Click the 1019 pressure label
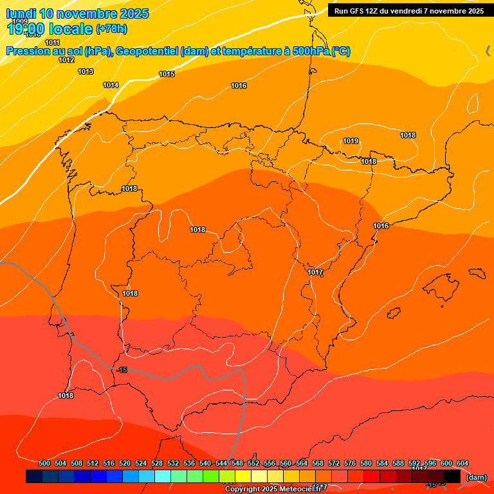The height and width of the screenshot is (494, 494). click(x=351, y=141)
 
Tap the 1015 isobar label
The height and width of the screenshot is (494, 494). click(x=167, y=74)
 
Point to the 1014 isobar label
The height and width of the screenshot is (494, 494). click(x=111, y=85)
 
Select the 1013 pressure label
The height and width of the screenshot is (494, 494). click(x=86, y=71)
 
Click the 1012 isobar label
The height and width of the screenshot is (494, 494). click(x=66, y=60)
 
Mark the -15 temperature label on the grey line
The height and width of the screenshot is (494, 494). click(x=123, y=370)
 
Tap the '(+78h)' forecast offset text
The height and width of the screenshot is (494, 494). click(x=111, y=29)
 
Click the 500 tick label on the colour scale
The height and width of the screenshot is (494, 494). click(x=44, y=463)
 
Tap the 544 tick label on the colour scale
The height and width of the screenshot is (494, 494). click(x=221, y=463)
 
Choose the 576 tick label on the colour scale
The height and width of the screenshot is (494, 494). click(x=350, y=463)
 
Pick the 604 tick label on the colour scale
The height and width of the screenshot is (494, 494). click(x=462, y=463)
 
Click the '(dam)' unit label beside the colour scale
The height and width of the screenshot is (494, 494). click(x=476, y=477)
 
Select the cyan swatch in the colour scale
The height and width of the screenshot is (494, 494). click(x=163, y=476)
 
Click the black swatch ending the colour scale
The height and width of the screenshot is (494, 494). click(x=452, y=476)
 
